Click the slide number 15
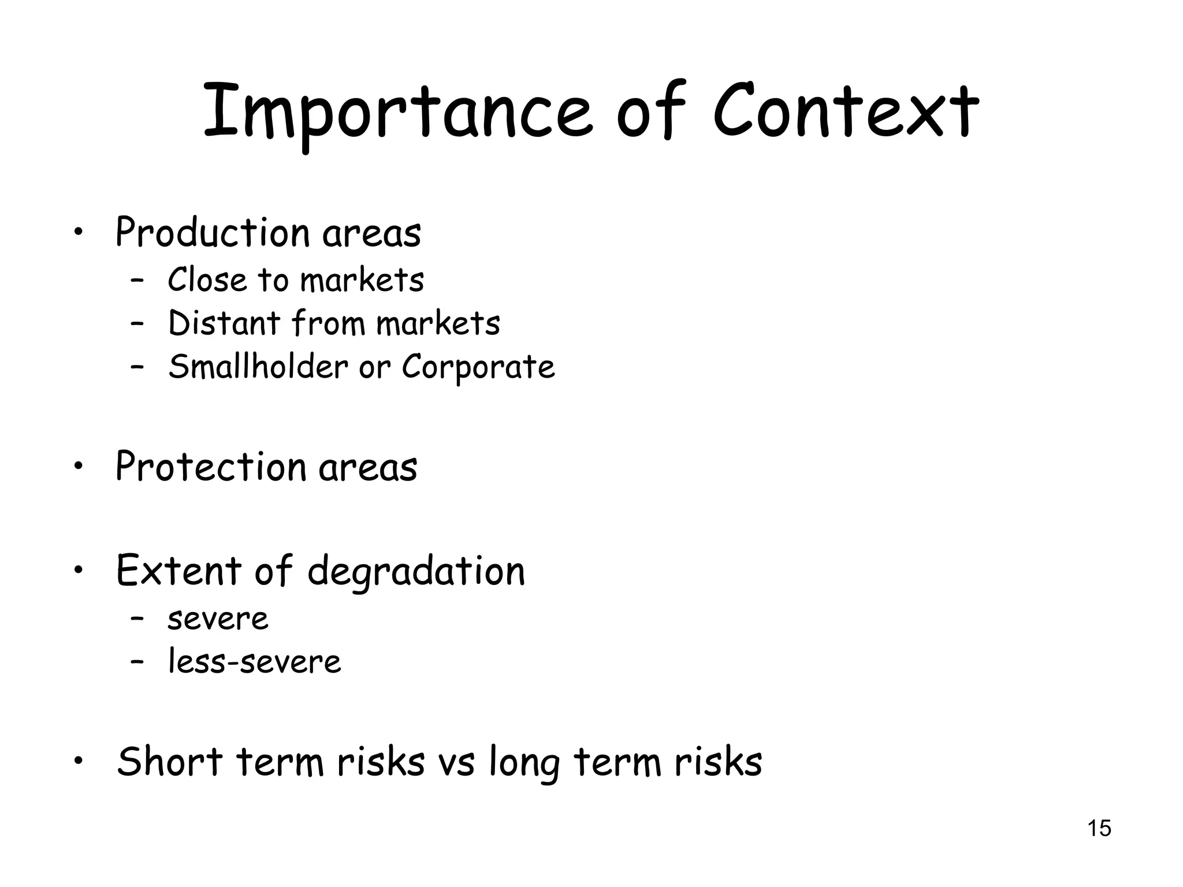(1099, 828)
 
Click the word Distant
(224, 323)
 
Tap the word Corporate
(478, 367)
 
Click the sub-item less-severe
(254, 661)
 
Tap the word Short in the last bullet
(170, 761)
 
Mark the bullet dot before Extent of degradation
(79, 570)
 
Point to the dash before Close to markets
(137, 281)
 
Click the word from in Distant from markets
(328, 323)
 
